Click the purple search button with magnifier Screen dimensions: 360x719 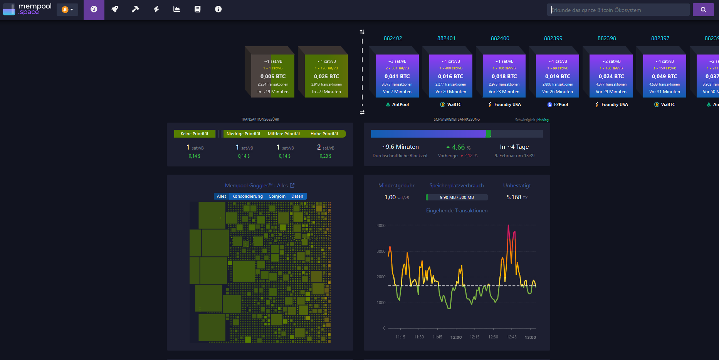coord(703,10)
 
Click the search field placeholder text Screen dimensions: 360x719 coord(596,10)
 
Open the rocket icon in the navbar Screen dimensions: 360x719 coord(114,9)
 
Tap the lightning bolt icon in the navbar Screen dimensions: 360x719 coord(156,9)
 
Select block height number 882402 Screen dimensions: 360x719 coord(393,38)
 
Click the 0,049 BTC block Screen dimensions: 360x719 coord(664,76)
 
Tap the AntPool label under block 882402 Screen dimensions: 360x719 coord(400,104)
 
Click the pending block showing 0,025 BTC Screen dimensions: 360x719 coord(326,76)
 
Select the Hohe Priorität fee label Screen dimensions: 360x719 coord(324,134)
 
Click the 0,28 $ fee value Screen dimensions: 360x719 coord(325,156)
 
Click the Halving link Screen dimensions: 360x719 coord(543,120)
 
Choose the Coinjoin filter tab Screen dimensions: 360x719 coord(277,196)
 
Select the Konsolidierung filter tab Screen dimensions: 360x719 coord(247,196)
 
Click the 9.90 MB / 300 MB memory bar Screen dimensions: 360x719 coord(457,197)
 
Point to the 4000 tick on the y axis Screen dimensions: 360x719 coord(381,225)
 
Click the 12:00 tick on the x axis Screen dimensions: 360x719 coord(456,337)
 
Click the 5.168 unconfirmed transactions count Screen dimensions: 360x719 coord(514,197)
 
